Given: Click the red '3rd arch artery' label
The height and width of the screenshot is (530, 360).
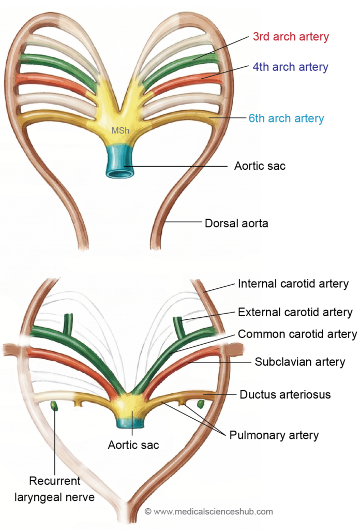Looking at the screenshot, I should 291,37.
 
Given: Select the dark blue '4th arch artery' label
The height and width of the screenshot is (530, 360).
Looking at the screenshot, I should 290,67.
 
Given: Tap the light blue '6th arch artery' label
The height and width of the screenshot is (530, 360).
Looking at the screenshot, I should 286,119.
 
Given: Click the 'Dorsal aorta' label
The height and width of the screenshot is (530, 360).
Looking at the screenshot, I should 236,224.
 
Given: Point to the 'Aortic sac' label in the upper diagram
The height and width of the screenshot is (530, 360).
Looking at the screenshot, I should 260,166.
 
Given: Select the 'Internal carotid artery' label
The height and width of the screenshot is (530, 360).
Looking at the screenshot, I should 293,284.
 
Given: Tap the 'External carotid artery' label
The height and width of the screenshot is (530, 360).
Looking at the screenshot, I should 295,312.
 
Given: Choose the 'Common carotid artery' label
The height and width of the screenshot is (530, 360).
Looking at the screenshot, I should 297,334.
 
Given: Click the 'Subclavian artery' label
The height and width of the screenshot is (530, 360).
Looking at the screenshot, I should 299,362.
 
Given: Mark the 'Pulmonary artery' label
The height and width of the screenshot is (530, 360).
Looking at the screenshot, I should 274,435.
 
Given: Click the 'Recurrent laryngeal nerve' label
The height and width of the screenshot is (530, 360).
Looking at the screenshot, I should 62,489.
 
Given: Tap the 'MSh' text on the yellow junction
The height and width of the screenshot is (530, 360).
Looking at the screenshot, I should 120,130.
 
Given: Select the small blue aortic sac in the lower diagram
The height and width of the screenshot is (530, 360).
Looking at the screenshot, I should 131,423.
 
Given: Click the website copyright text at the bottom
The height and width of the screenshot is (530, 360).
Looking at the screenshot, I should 208,511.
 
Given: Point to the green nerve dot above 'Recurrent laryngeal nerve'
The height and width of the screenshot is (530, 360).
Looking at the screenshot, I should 54,406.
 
